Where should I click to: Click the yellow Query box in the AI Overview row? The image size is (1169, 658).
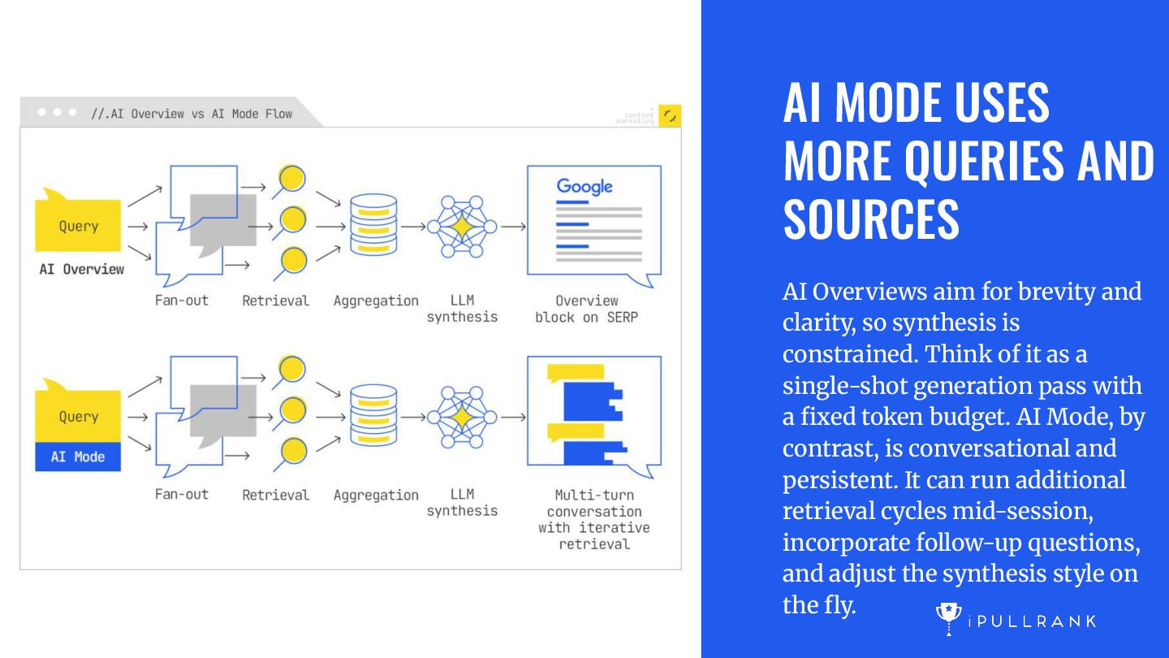78,226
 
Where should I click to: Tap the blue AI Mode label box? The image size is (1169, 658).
78,457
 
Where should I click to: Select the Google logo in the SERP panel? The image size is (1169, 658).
584,187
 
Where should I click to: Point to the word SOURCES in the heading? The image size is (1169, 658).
871,219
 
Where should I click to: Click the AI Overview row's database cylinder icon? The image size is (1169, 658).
373,225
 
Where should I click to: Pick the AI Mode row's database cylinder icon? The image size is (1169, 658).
373,416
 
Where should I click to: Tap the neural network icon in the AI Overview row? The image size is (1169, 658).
461,225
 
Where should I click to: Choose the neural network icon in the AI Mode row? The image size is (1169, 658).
461,417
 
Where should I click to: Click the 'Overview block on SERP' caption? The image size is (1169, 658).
587,309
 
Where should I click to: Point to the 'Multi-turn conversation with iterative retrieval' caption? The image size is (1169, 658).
594,519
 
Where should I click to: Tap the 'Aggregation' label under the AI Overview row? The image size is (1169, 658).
376,301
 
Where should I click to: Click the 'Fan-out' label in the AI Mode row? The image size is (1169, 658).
182,494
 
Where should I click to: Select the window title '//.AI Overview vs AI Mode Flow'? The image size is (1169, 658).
191,114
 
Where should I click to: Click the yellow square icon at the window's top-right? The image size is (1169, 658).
670,116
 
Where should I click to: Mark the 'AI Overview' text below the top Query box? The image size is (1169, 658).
82,269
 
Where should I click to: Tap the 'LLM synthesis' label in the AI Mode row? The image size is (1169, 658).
462,502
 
